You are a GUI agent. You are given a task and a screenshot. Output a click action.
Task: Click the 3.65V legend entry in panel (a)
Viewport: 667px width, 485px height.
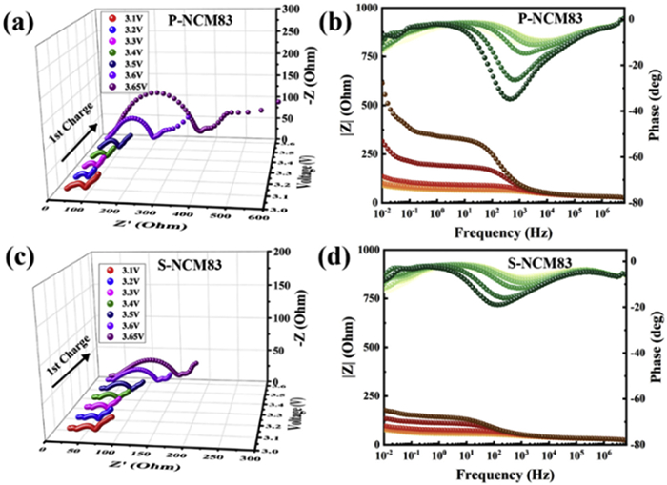pyautogui.click(x=119, y=88)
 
